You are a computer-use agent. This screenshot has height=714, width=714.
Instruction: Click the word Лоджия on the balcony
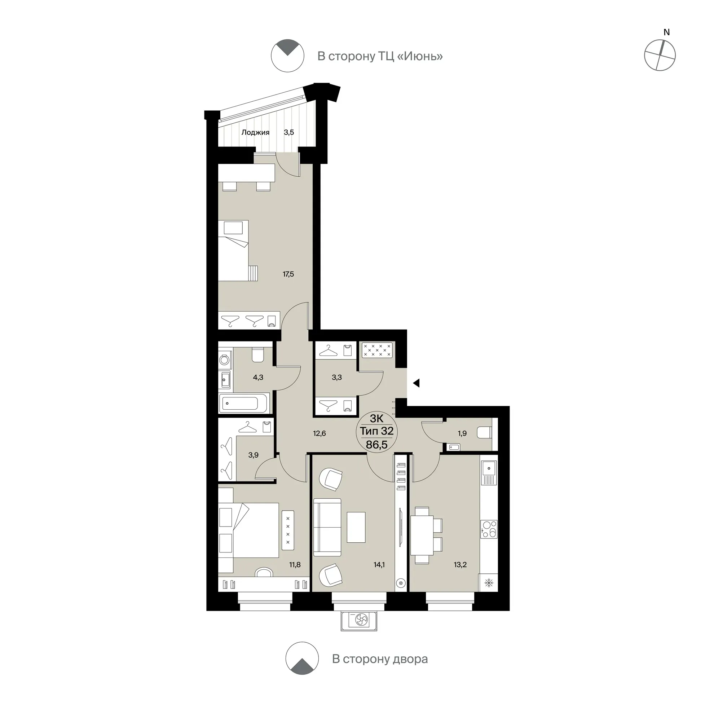point(255,132)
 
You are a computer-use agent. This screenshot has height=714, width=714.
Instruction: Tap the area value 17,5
point(288,274)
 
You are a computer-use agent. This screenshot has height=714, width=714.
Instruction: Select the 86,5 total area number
point(376,445)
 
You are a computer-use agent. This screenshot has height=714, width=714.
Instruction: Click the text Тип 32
point(376,431)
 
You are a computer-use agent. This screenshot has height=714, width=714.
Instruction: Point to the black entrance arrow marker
point(416,383)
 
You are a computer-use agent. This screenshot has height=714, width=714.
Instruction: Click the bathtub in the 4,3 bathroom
point(244,403)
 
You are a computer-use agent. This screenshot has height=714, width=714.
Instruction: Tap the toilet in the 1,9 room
point(485,432)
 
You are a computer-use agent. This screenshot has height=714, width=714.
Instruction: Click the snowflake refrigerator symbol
point(489,583)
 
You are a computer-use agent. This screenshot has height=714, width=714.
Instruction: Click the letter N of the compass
point(666,32)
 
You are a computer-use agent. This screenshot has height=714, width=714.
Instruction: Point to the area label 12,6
point(319,433)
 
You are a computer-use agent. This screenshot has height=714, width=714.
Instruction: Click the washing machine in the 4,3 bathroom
point(224,360)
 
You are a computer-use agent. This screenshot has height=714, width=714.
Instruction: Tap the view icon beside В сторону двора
point(302,669)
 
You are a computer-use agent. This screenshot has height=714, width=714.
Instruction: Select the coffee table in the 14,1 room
point(356,527)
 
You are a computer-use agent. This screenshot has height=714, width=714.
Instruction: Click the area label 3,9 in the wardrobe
point(253,455)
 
